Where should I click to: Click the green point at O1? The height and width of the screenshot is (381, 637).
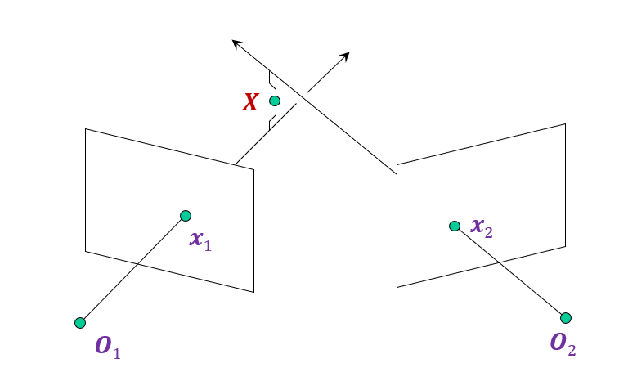pyautogui.click(x=80, y=323)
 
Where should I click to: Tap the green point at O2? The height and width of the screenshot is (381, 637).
pyautogui.click(x=566, y=318)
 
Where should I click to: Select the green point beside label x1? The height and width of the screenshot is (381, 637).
pyautogui.click(x=186, y=216)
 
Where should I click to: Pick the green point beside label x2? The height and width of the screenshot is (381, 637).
pyautogui.click(x=455, y=226)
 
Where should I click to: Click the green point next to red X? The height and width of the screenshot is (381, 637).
pyautogui.click(x=275, y=101)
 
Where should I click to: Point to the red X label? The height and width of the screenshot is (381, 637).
pyautogui.click(x=250, y=102)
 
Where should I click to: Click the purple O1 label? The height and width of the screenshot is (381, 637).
pyautogui.click(x=108, y=346)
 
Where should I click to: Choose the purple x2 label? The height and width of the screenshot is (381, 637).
pyautogui.click(x=482, y=228)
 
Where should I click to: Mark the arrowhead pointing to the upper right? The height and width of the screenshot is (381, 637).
pyautogui.click(x=346, y=56)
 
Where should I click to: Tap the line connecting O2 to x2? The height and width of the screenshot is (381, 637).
pyautogui.click(x=510, y=271)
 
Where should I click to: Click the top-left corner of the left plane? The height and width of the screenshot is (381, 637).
pyautogui.click(x=86, y=129)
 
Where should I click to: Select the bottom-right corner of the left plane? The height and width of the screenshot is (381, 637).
pyautogui.click(x=253, y=292)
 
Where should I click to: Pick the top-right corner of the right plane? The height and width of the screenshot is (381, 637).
pyautogui.click(x=565, y=124)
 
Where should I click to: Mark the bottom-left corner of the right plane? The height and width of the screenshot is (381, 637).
pyautogui.click(x=397, y=287)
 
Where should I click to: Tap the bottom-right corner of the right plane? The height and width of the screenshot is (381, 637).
pyautogui.click(x=565, y=244)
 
